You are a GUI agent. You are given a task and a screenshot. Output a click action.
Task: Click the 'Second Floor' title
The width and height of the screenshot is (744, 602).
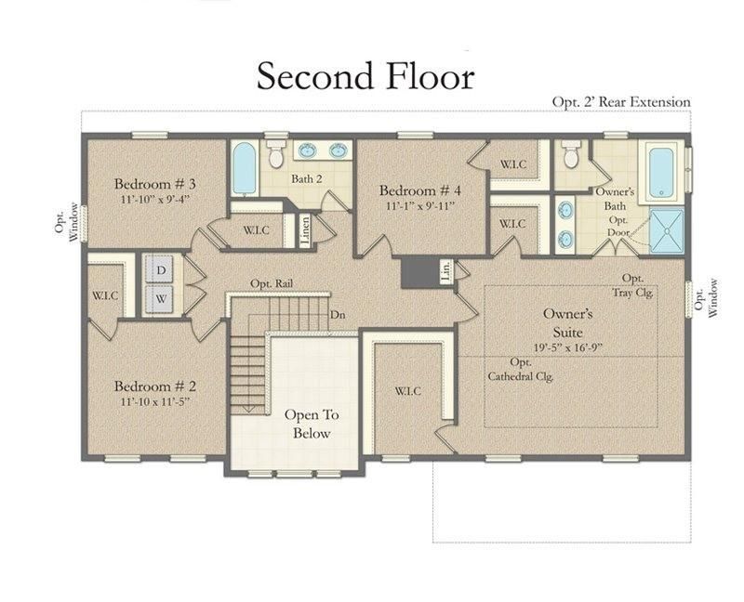(365, 76)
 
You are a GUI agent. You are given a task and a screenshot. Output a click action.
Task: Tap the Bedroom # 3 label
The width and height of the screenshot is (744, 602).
(154, 183)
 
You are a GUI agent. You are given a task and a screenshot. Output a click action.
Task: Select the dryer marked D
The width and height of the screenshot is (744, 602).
(161, 269)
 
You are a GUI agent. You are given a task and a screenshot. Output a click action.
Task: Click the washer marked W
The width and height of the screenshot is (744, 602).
(161, 298)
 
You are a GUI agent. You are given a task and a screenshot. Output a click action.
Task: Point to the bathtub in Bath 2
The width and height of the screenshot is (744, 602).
(245, 168)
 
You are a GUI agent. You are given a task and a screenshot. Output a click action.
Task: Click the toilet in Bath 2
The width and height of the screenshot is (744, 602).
(275, 153)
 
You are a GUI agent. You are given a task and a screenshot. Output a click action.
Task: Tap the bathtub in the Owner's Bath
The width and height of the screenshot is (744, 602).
(661, 173)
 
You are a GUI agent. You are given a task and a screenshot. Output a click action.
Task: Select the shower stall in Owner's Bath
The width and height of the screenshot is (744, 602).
(667, 230)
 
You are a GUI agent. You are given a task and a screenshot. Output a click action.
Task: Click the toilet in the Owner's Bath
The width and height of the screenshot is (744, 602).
(571, 153)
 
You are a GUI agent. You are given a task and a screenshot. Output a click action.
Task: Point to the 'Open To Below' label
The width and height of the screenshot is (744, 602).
(312, 424)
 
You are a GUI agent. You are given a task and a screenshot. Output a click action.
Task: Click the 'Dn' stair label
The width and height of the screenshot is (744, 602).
(338, 314)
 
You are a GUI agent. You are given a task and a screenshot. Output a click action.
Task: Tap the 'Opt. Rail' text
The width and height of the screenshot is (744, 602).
(272, 283)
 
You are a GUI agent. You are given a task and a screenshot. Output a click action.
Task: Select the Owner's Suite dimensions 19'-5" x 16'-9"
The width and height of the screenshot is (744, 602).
(567, 347)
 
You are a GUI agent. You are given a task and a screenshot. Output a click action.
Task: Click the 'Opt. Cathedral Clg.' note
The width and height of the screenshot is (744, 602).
(521, 369)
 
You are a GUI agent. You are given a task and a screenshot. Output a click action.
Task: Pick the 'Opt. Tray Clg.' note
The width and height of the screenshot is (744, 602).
(632, 285)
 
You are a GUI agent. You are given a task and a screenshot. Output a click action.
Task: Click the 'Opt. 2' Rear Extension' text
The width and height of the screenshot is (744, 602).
(621, 102)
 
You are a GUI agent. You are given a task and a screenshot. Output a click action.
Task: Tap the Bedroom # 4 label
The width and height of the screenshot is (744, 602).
(420, 190)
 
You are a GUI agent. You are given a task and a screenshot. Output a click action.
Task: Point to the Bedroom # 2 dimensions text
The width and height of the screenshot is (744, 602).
(154, 401)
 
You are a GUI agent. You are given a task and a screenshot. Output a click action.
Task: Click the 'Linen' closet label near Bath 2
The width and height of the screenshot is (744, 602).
(305, 229)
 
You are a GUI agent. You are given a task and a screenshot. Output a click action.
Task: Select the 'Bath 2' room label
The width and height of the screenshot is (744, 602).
(307, 178)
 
